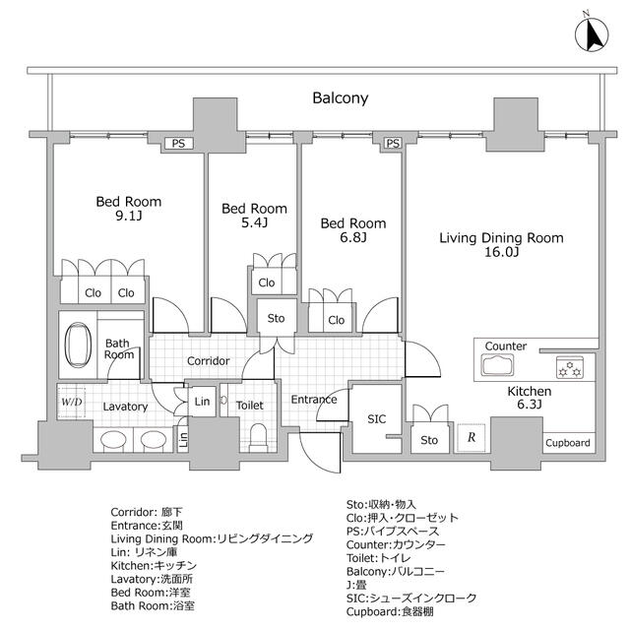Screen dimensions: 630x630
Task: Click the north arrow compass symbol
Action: [x=592, y=35]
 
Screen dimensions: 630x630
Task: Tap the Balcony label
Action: [x=341, y=98]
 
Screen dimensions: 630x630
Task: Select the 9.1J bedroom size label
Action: [x=129, y=217]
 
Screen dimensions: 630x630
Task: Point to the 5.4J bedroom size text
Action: [x=254, y=222]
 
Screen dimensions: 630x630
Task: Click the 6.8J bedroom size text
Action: [x=353, y=237]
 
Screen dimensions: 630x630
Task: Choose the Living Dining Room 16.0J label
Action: [x=501, y=245]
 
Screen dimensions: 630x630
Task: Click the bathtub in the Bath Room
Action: [x=78, y=345]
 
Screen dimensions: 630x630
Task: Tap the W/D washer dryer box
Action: [x=72, y=402]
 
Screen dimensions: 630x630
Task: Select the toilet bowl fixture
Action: [x=258, y=437]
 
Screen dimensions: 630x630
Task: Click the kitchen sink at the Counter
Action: [x=497, y=365]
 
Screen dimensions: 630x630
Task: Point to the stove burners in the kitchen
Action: [x=570, y=367]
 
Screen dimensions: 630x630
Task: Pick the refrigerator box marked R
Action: [x=472, y=437]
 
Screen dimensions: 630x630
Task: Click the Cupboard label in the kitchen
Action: [x=568, y=443]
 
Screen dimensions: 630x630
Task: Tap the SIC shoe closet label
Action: [x=376, y=419]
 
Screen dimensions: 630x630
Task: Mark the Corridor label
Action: [x=208, y=361]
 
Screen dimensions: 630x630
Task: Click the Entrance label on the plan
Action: [x=314, y=400]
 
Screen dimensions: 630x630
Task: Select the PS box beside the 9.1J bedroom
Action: [x=177, y=144]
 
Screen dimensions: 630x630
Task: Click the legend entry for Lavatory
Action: [x=152, y=579]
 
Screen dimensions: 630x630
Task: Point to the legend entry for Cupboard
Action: [x=390, y=612]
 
